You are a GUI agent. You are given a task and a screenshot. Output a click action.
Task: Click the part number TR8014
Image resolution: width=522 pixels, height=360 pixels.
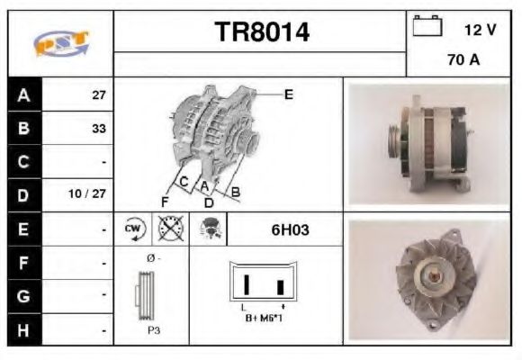(261, 32)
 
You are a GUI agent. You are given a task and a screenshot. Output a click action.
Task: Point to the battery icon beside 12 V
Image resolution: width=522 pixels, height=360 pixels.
(427, 26)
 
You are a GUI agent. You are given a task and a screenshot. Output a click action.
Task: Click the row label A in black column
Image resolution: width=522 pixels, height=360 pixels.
(22, 94)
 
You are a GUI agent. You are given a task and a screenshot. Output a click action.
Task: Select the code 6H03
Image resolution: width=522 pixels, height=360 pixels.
(290, 230)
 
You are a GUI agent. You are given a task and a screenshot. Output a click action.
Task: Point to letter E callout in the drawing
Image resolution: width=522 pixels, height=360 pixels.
(288, 94)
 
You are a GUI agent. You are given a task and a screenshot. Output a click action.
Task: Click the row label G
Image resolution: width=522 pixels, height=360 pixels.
(22, 296)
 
